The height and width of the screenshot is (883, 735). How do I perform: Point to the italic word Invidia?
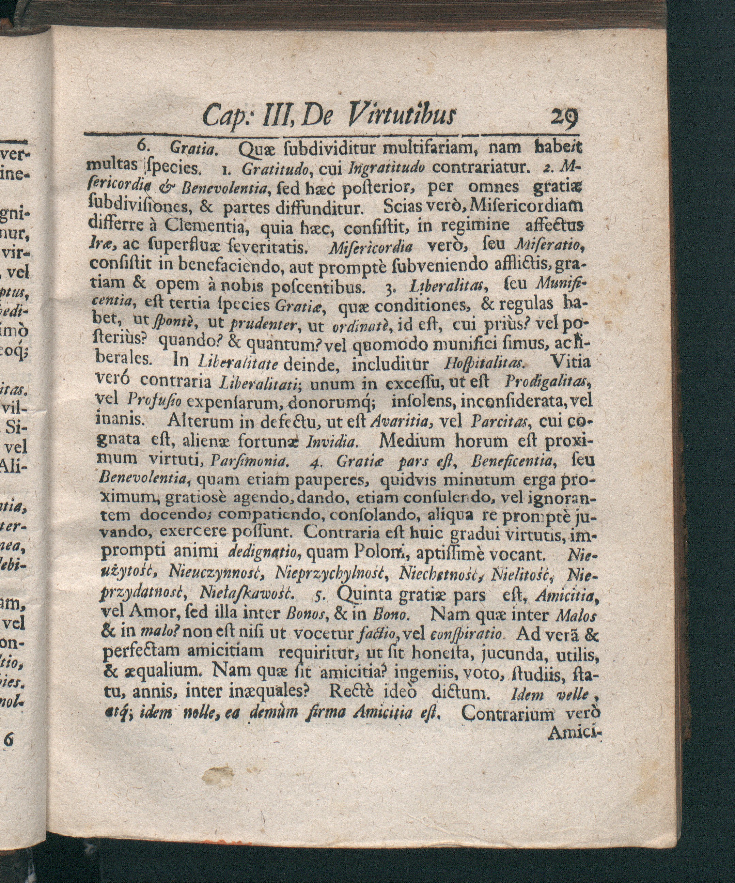(x=333, y=442)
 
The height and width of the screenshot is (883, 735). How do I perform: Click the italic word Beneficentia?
(x=520, y=462)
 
